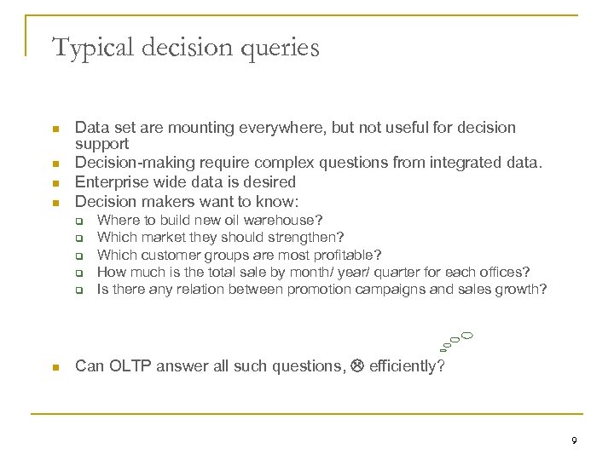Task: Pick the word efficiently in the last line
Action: point(406,367)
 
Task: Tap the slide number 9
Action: point(575,441)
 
